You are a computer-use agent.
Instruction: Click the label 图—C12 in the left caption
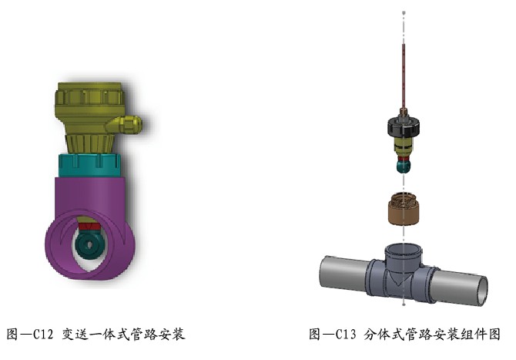click(29, 335)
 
